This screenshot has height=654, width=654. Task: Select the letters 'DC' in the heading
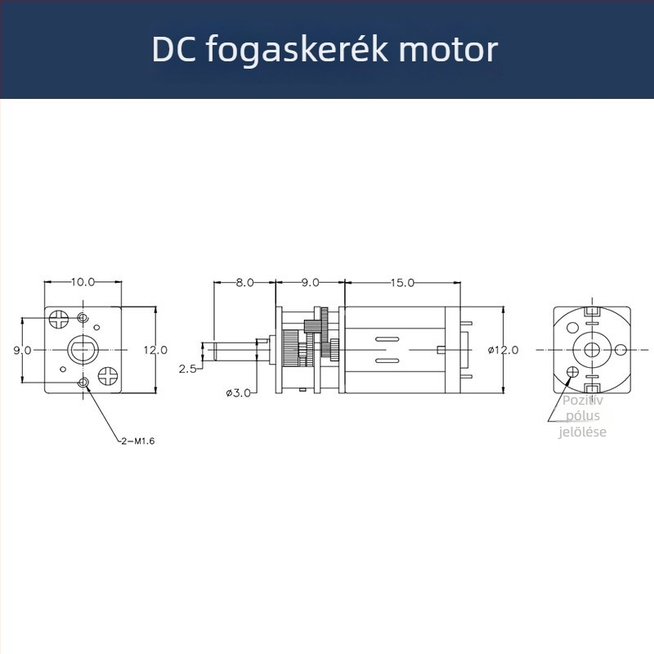tap(172, 49)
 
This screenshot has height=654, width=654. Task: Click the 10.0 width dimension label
tap(83, 281)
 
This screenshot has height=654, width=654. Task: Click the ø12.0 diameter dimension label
tap(504, 350)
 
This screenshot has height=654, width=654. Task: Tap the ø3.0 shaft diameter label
tap(238, 392)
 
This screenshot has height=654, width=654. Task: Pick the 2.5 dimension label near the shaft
tap(187, 369)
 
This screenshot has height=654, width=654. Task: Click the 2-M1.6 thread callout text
tap(137, 441)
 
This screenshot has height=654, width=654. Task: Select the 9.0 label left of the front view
tap(22, 350)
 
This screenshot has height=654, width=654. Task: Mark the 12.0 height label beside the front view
tap(155, 350)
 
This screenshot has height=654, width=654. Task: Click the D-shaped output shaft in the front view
tap(83, 350)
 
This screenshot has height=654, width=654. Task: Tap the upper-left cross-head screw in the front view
tap(59, 317)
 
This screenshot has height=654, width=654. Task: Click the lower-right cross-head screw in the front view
tap(108, 375)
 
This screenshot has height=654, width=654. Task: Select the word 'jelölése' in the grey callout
tap(582, 432)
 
